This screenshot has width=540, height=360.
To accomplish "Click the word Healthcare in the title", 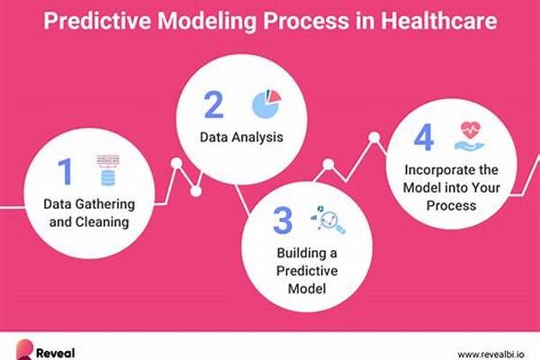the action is coord(438,21).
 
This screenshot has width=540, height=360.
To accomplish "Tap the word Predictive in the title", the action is coord(97,21).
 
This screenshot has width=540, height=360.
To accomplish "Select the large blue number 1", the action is coord(65,171).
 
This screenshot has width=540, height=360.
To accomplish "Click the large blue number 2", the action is coord(213,104).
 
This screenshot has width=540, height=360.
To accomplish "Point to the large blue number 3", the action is coord(283,220).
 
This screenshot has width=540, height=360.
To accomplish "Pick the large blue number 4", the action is coord(424,137).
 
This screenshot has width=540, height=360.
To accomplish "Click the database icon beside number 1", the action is coord(108,170).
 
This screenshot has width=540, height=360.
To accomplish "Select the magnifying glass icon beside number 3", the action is coord(328,220).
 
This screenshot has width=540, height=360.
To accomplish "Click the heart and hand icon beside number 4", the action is coord(470,136).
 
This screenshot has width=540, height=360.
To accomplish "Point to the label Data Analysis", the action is coord(241,137).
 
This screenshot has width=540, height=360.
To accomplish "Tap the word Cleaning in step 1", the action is coord(102,222).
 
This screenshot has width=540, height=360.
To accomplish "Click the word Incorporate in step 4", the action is coord(435,170).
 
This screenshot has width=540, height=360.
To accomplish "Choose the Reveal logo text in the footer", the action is coord(55,353).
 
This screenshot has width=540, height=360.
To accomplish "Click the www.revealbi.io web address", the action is coord(491,354).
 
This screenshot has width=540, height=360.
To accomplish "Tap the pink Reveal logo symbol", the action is coord(24,350).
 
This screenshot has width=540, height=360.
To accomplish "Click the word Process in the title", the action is coord(306,21).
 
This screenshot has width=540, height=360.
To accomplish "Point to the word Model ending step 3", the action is coord(307,288).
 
